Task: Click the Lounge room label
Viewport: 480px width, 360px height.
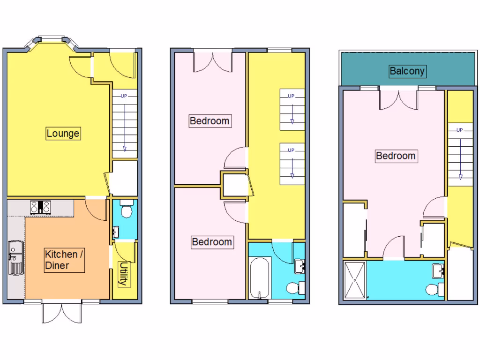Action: (63, 133)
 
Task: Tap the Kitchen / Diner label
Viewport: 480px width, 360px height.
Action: (61, 260)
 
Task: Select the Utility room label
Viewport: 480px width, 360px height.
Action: (122, 274)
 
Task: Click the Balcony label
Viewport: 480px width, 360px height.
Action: (407, 71)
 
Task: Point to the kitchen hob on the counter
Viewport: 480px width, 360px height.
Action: (40, 207)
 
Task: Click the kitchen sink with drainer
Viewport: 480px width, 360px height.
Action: (14, 258)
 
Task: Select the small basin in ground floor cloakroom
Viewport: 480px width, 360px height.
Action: (115, 232)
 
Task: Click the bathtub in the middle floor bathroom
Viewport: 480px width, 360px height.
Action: (259, 277)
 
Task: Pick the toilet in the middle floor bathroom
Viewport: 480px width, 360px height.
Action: (294, 287)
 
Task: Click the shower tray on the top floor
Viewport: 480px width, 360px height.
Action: (355, 280)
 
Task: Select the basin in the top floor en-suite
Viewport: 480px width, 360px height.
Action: (438, 270)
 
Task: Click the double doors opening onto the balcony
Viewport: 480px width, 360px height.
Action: (397, 97)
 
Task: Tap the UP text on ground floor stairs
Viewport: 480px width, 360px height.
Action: (124, 96)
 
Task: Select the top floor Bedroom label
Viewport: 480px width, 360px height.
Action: (396, 156)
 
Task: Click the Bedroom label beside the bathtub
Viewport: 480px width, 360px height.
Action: (212, 242)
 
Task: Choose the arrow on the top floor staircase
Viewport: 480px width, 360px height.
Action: (460, 155)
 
